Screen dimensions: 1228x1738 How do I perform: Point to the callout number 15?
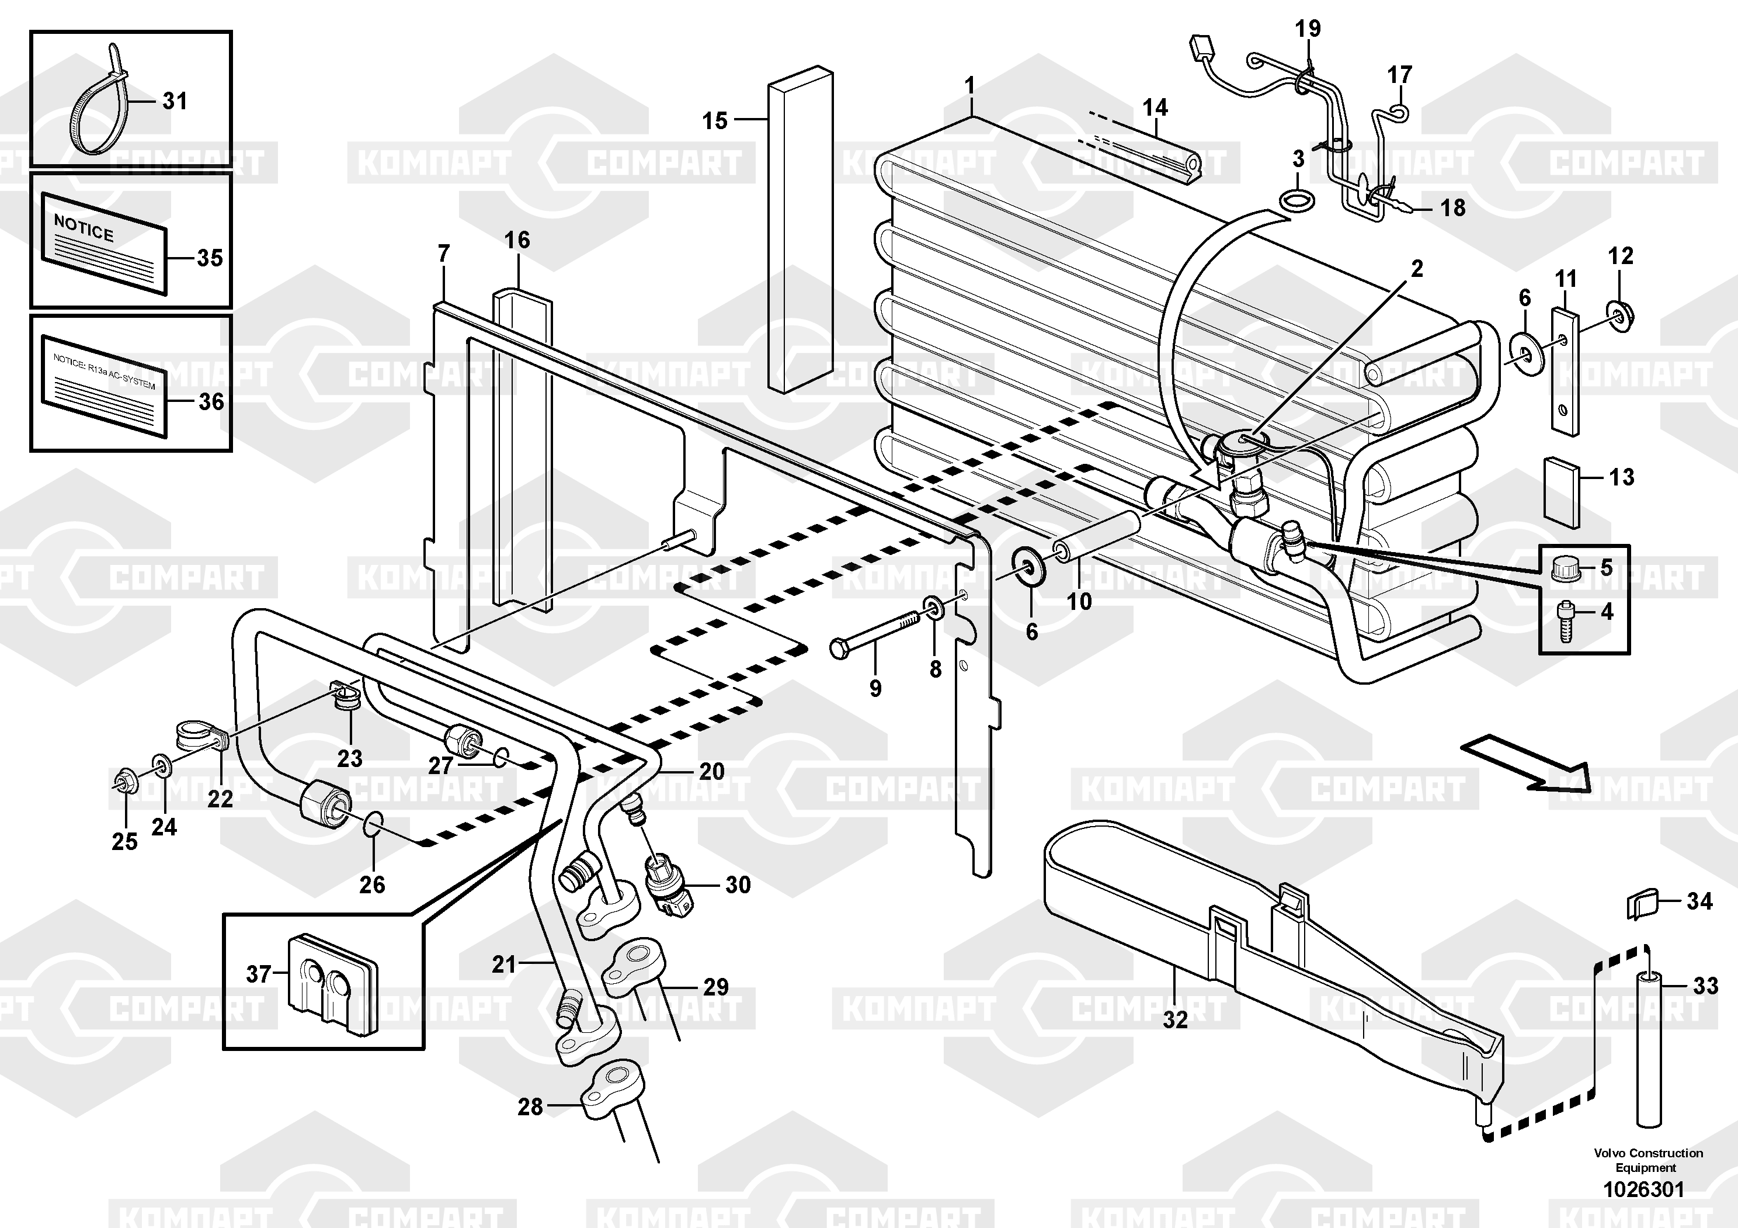[715, 120]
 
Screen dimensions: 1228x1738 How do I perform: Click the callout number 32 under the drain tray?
[1175, 1021]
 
